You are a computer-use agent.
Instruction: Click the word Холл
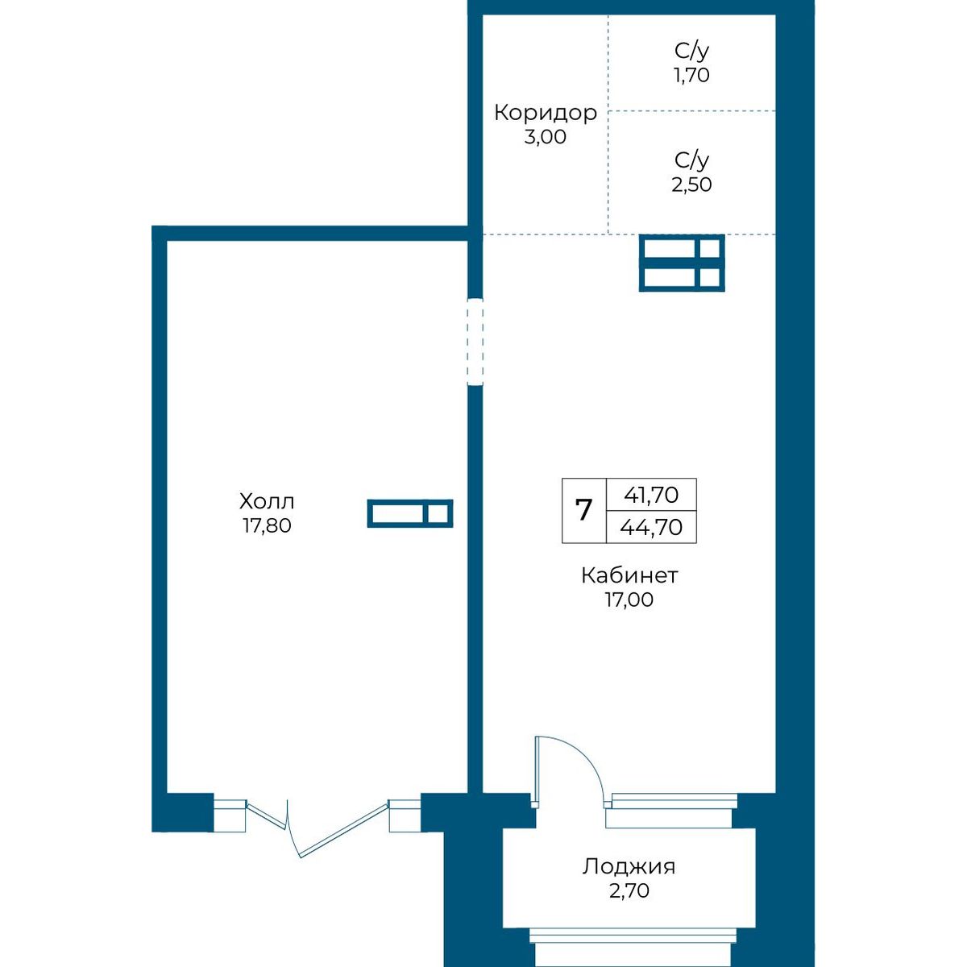tap(267, 501)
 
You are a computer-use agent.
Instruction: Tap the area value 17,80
tap(267, 526)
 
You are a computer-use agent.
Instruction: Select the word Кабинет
tap(629, 575)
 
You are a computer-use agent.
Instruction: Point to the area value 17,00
tap(629, 600)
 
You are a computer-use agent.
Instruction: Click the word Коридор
tap(546, 113)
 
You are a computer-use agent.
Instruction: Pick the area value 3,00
tap(546, 136)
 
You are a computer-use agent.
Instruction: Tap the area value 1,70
tap(691, 75)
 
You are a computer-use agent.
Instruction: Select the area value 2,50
tap(691, 185)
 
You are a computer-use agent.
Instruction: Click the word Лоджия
tap(629, 867)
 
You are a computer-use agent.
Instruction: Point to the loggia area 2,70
tap(629, 890)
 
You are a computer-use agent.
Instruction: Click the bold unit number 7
tap(583, 510)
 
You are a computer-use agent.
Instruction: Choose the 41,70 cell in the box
tap(651, 496)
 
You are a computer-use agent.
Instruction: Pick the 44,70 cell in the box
tap(651, 527)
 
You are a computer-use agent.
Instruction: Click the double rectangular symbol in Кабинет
tap(682, 263)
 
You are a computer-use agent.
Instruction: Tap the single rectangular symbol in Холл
tap(410, 513)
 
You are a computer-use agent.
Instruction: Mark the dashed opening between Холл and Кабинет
tap(475, 342)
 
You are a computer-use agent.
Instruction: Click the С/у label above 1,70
tap(691, 52)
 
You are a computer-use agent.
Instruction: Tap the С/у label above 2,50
tap(691, 160)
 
